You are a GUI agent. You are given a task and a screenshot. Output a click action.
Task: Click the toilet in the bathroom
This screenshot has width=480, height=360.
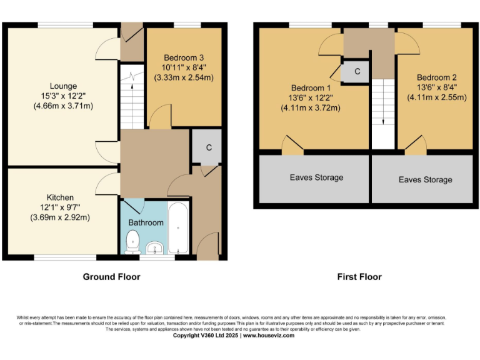coord(132,241)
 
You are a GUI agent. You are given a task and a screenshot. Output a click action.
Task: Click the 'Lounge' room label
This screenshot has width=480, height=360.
coord(64,86)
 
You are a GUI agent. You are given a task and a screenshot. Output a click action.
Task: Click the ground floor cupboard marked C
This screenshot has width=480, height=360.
coord(201,147)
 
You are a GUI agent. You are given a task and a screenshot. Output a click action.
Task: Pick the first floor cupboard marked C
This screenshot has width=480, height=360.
coord(357,71)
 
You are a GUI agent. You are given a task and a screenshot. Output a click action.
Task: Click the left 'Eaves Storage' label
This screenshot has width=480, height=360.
coord(316,177)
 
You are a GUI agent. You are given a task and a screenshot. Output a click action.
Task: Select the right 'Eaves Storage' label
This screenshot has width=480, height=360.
coord(425,179)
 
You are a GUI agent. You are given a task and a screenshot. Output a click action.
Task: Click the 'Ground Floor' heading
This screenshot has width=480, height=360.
coord(111,276)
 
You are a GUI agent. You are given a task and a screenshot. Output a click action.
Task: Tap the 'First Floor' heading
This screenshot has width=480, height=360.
coord(359,276)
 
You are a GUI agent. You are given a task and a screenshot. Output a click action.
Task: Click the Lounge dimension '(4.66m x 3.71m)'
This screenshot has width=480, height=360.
coord(64,106)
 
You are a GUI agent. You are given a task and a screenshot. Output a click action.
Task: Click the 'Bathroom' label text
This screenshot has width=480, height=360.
coord(146,222)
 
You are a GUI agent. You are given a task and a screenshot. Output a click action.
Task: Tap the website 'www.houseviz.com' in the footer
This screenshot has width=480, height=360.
coord(268,335)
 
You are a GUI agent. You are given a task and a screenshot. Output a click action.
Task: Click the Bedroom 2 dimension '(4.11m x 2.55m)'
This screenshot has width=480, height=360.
coord(437,97)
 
